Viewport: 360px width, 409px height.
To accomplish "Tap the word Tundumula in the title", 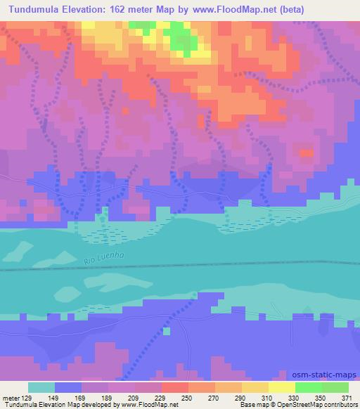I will pos(34,8).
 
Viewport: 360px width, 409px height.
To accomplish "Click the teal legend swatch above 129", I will pos(42,387).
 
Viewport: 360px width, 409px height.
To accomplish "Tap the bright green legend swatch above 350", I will pos(308,387).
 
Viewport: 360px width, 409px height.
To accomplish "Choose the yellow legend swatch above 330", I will pos(282,387).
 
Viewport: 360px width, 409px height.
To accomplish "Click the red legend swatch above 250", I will pos(175,387).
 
